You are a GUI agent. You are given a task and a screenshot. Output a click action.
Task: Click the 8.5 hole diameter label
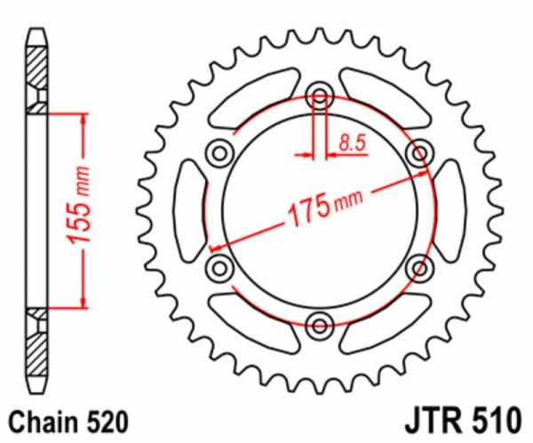click(352, 143)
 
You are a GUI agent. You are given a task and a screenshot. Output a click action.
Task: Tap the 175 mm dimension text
click(324, 207)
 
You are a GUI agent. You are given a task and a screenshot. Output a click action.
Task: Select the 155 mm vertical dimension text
click(79, 205)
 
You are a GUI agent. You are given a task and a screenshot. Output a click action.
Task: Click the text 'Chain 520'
click(68, 422)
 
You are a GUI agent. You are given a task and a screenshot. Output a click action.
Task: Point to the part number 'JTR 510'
click(462, 422)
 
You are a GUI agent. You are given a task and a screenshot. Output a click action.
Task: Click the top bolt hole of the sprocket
click(320, 96)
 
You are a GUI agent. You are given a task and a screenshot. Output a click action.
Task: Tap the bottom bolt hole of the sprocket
click(320, 326)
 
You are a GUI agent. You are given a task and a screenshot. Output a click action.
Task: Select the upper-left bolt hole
click(220, 154)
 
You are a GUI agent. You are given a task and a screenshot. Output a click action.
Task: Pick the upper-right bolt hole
click(420, 154)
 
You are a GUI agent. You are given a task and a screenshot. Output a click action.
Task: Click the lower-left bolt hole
click(220, 268)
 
